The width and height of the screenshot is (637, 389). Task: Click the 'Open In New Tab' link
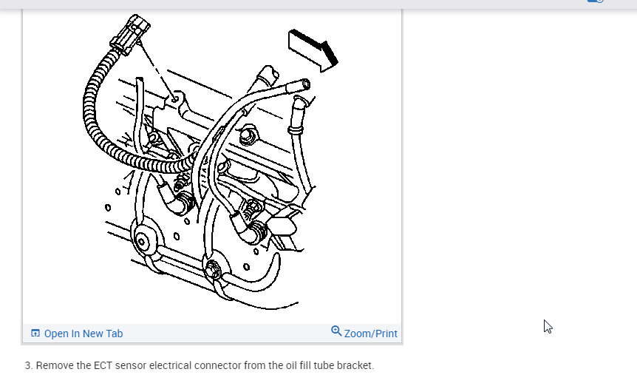point(83,334)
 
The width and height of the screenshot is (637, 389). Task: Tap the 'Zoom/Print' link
point(370,334)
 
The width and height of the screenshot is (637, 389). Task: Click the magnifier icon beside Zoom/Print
point(336,331)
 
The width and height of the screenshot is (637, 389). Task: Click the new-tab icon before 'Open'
point(35,334)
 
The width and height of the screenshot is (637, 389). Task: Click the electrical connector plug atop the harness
point(131,33)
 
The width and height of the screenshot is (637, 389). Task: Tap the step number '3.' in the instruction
point(29,365)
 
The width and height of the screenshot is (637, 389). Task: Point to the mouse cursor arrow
point(548,326)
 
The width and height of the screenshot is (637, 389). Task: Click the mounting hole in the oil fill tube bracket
point(175,97)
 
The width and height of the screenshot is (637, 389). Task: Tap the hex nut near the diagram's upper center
point(248,135)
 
